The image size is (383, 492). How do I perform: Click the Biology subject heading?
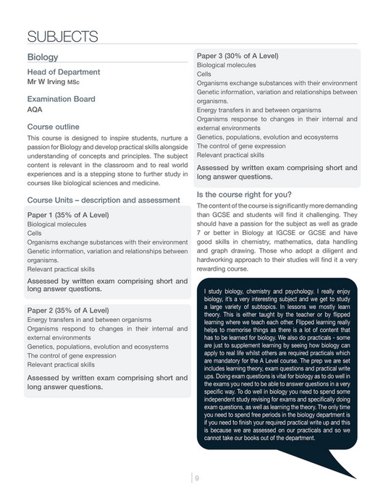coord(43,56)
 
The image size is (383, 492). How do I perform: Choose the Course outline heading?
coord(54,127)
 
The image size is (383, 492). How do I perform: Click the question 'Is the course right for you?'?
coord(244,194)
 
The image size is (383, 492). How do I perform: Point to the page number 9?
coord(196,476)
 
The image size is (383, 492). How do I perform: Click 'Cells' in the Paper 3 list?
coord(204,74)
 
